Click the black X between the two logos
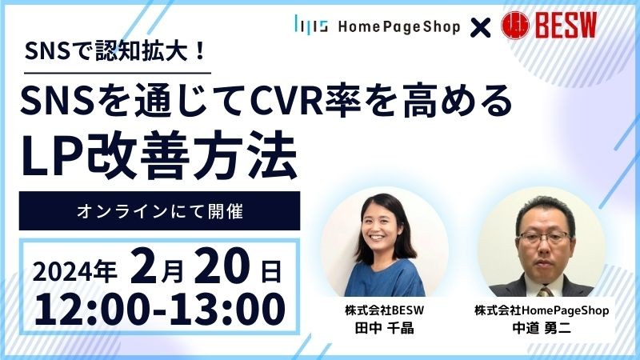pyautogui.click(x=480, y=27)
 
